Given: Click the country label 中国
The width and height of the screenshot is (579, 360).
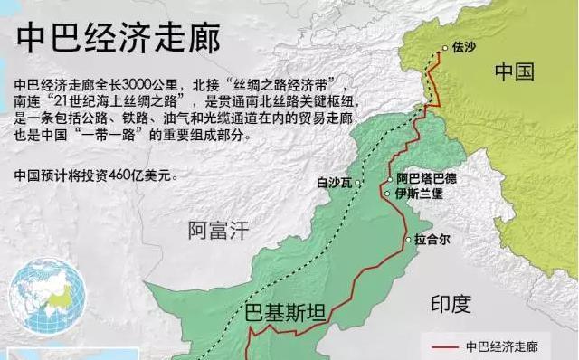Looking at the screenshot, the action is point(515,71).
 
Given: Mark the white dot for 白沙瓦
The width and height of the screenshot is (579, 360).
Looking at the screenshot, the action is point(358,183).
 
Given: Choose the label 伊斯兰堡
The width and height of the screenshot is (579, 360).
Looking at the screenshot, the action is point(420,193).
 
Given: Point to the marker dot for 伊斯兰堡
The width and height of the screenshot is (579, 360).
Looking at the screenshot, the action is point(387,193).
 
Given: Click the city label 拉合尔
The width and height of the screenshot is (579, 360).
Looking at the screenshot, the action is point(432,242).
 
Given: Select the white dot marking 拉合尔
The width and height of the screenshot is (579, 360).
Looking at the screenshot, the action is point(406,242).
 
